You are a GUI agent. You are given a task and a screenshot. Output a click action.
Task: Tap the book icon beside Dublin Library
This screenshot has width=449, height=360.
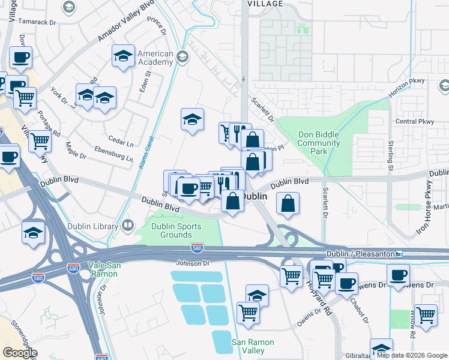tap(127, 226)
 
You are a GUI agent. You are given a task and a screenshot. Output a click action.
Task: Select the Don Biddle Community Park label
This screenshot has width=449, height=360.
tap(318, 143)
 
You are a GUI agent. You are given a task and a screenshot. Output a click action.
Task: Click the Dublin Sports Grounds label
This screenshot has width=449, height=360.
tap(176, 230)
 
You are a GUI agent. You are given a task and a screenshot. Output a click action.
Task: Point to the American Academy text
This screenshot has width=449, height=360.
tap(155, 58)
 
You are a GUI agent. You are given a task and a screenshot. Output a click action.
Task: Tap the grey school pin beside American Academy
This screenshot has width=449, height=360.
tap(183, 58)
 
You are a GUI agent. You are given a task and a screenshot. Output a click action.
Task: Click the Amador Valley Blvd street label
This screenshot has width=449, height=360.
tap(122, 28)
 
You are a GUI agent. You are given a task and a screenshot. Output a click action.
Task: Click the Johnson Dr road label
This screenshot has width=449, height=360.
tap(192, 263)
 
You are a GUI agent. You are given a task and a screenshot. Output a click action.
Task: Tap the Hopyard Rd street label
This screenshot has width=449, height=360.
tap(318, 299)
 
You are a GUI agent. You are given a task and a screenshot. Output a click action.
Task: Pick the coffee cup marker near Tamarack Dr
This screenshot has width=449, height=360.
tap(20, 57)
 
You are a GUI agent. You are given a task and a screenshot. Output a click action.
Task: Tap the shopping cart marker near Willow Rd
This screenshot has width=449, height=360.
tap(426, 314)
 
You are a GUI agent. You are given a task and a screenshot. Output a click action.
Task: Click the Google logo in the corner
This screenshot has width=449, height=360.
tap(20, 353)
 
